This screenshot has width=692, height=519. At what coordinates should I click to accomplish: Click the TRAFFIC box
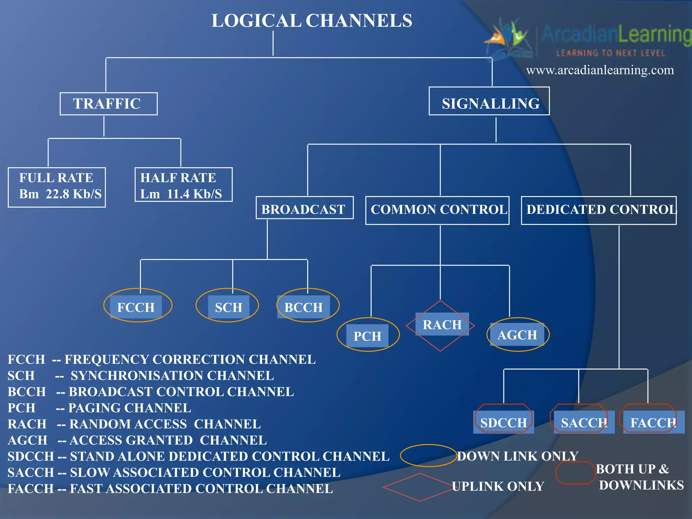point(108,104)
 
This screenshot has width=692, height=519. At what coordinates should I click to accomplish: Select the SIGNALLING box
point(489,101)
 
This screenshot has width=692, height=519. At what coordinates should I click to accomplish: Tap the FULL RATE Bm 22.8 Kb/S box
point(57,187)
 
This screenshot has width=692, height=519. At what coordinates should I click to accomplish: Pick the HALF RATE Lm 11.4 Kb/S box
point(183,184)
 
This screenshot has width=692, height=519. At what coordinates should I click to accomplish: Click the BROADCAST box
point(304,208)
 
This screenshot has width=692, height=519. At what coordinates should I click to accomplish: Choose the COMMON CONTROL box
point(437,210)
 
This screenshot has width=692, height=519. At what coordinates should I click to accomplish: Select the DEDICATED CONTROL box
point(598,210)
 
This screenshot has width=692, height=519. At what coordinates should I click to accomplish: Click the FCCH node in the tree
point(137,306)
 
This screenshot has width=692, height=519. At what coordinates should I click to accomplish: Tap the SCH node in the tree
point(228,306)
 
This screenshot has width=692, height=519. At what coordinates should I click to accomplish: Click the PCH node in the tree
point(368,335)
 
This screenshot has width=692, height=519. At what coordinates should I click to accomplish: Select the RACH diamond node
point(441,325)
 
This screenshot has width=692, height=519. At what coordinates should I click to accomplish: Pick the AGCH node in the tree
point(517,335)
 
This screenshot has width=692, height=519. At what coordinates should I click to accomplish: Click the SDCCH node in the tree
point(503,422)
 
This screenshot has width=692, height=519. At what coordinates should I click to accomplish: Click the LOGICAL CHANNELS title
point(312,20)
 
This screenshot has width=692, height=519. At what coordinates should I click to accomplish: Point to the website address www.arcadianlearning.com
point(600,70)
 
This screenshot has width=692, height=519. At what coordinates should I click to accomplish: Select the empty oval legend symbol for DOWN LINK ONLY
point(428,455)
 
